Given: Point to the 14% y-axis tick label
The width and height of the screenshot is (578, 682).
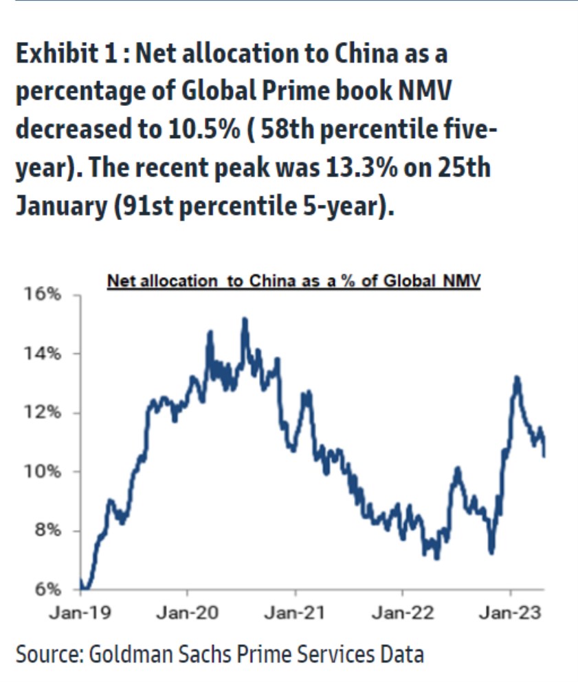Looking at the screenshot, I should click(x=43, y=353).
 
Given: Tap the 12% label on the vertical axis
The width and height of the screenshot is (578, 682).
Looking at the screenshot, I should click(x=43, y=412).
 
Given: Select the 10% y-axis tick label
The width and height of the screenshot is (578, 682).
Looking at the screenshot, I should click(x=43, y=472).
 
